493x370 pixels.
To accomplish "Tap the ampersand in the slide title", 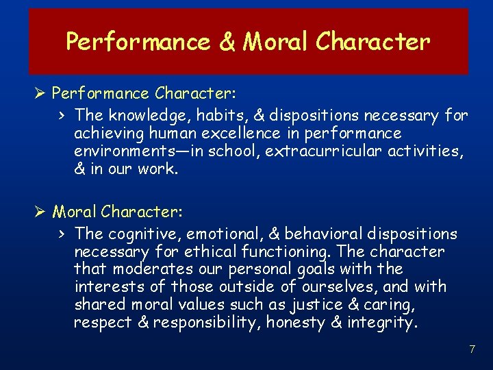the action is click(227, 42).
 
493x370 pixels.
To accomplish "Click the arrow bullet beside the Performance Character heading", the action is click(40, 93).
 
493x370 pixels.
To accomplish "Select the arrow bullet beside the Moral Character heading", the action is click(40, 212).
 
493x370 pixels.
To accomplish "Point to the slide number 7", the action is click(472, 349).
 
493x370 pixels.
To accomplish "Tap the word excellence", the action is click(240, 133).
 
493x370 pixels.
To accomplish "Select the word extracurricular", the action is click(323, 151).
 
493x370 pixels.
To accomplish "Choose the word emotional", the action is click(225, 234).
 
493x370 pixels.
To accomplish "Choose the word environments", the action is click(125, 151).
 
